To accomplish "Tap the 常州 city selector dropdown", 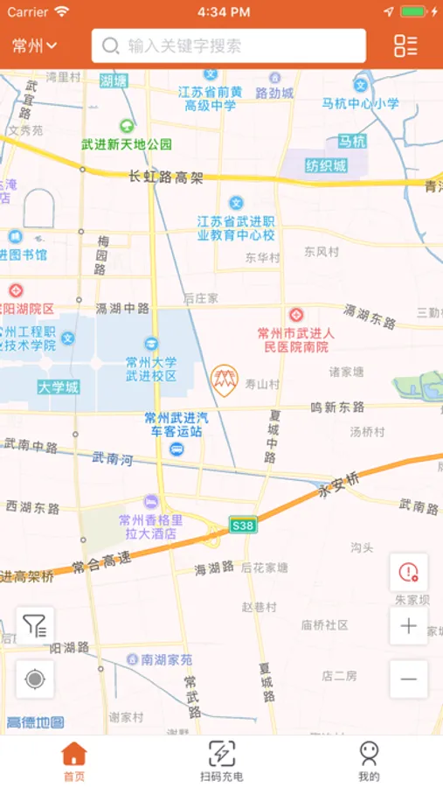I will click(35, 46).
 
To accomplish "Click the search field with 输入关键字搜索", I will click(229, 46).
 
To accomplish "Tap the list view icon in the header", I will click(405, 46).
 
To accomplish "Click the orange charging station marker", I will click(224, 378).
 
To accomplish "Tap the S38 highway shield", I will click(242, 525).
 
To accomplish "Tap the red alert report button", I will click(408, 573).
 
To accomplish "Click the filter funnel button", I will click(35, 626).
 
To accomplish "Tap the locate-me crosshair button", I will click(35, 679).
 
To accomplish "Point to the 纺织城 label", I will click(325, 165).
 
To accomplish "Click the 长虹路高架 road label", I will click(165, 178).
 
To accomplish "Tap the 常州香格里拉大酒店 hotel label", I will click(149, 526).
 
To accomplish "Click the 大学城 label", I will click(58, 387).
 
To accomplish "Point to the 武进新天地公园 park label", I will click(127, 144).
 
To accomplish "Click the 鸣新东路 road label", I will click(337, 407).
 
